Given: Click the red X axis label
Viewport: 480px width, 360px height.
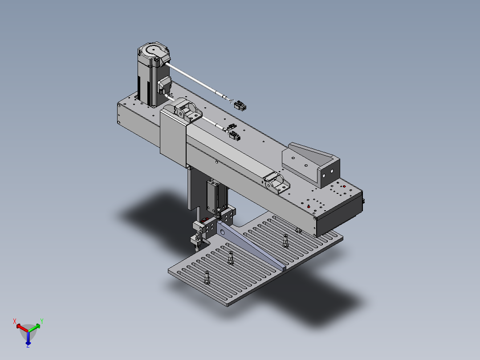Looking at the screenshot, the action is pos(14,321).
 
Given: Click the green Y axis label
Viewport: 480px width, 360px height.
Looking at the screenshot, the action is pos(42,321).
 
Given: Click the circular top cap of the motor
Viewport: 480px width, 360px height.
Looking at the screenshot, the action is pos(153,50).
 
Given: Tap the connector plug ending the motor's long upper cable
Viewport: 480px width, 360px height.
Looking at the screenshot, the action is pos(240,106).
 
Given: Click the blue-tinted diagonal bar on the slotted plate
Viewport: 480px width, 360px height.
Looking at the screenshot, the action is pos(251,246).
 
